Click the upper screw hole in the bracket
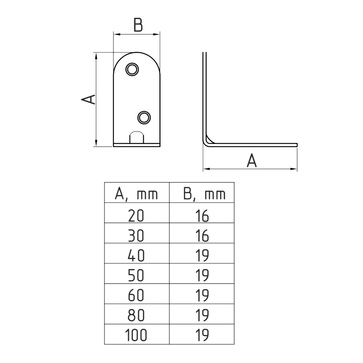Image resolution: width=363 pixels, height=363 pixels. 132,69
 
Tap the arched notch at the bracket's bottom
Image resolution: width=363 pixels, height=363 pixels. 137,137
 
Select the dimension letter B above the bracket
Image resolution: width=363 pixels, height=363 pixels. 138,25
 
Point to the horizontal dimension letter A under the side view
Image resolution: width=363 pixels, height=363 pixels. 251,161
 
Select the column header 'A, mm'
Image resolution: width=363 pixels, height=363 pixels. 137,195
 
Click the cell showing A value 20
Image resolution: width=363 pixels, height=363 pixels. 137,216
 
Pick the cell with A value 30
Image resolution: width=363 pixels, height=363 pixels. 137,236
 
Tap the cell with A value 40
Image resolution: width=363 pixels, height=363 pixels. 137,256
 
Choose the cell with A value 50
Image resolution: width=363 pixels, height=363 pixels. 137,276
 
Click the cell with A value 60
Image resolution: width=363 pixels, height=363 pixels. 137,295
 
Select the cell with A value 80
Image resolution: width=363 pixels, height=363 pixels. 137,315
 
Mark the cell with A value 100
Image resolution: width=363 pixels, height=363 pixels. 137,335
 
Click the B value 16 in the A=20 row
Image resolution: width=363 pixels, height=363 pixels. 202,216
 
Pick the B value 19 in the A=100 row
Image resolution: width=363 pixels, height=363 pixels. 202,335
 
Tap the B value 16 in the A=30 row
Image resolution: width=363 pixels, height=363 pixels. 202,236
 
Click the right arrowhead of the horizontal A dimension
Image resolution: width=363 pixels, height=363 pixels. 294,169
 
